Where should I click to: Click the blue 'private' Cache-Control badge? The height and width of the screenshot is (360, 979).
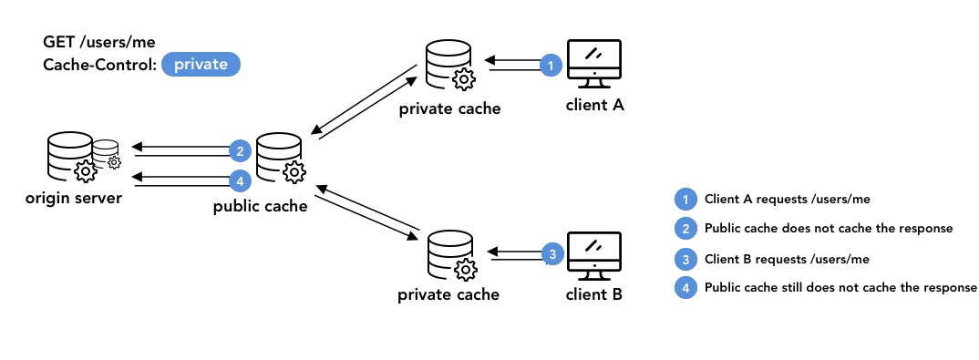201,65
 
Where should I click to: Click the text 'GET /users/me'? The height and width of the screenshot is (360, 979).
87,42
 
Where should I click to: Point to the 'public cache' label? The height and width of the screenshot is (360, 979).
260,206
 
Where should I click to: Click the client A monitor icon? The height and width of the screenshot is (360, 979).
594,64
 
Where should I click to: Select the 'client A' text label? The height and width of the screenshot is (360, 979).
594,105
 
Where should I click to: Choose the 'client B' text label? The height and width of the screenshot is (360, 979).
594,294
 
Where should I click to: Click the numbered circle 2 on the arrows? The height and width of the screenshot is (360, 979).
239,150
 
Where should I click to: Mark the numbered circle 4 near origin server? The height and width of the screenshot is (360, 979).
239,179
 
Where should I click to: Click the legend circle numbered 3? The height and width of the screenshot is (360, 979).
684,258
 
